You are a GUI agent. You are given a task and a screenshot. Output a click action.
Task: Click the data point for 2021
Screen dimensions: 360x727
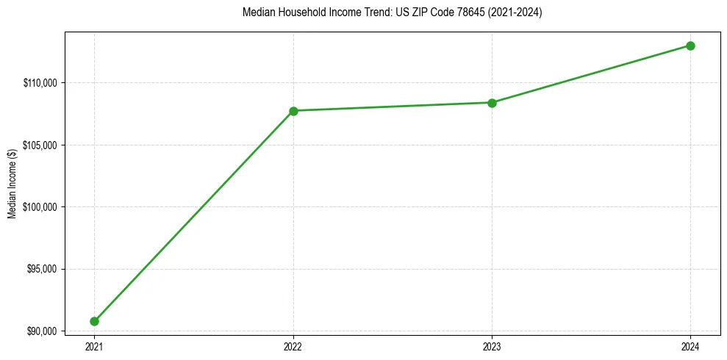94,321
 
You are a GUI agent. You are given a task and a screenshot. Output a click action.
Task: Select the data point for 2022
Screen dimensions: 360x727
293,111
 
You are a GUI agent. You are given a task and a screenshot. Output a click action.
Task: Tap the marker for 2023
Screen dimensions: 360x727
492,103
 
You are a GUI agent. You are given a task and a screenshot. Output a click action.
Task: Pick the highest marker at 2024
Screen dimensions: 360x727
690,46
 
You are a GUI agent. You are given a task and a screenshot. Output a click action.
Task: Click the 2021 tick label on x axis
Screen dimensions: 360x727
94,345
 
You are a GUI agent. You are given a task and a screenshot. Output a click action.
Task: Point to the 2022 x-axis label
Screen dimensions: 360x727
293,345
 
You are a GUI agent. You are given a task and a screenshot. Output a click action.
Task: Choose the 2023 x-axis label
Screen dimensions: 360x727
492,345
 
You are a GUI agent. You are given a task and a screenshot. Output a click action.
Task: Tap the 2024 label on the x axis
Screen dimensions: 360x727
690,345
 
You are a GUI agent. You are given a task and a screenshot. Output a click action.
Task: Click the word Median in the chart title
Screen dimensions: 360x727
257,12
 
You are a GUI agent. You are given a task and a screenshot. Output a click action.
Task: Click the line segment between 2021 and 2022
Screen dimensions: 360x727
193,216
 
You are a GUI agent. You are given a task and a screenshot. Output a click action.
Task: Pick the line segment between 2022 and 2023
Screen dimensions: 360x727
393,107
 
